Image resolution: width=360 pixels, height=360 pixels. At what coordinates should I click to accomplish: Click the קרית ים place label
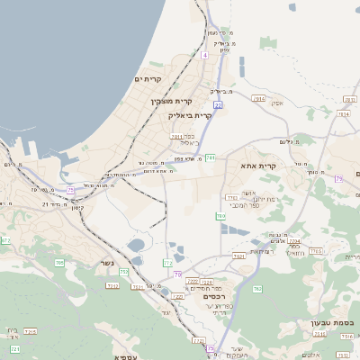[147, 79]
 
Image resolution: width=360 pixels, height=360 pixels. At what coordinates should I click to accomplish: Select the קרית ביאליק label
[189, 115]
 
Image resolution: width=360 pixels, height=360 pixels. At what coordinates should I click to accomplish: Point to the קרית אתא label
[257, 166]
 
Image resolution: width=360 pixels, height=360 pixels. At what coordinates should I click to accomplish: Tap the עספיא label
[125, 356]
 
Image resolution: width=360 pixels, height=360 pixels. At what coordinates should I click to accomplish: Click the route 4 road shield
[204, 55]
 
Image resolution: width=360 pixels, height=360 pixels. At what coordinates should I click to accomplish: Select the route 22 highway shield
[218, 105]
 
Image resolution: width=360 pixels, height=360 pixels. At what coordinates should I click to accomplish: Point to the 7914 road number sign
[259, 98]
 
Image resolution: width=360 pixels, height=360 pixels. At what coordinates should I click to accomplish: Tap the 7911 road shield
[177, 137]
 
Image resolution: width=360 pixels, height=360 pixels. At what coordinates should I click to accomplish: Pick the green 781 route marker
[210, 158]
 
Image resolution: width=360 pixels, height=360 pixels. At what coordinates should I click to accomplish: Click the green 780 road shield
[220, 216]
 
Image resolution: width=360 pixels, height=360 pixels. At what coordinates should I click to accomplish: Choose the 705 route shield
[59, 263]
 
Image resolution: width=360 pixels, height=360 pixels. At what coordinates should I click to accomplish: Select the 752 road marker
[123, 271]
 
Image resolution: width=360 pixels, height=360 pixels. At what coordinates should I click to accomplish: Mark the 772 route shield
[167, 263]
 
